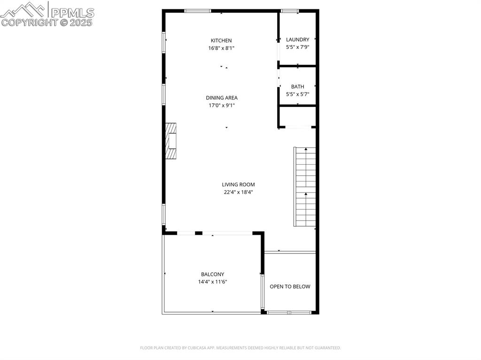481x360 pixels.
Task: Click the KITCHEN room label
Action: point(221,40)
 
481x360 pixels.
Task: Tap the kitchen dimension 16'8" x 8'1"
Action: point(221,48)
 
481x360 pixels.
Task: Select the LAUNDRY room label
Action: point(297,39)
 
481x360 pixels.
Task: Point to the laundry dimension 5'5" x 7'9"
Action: point(297,47)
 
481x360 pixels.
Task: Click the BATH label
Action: point(297,86)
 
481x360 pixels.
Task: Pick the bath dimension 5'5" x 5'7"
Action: point(297,94)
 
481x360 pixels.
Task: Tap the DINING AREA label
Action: point(222,98)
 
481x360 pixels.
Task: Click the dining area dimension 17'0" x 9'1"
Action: point(222,105)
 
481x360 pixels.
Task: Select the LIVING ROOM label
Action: point(238,184)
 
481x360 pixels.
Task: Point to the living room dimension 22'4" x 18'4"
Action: point(238,192)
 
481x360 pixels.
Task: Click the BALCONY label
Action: point(212,274)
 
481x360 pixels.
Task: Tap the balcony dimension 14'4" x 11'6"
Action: point(212,282)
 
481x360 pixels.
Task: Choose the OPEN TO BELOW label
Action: point(290,286)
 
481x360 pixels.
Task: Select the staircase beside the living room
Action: point(305,186)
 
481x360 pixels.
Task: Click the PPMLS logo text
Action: point(72,12)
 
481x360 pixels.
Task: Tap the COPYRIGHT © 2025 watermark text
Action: point(47,22)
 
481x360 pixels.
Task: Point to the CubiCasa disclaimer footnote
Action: point(240,348)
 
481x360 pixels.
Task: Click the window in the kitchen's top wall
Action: point(197,11)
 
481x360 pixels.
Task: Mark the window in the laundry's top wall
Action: point(290,11)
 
